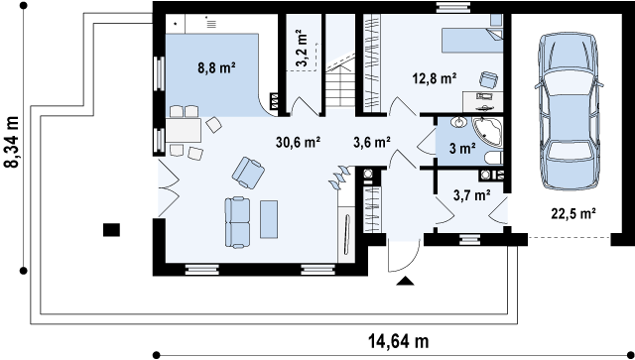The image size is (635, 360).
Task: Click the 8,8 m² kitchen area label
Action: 217,67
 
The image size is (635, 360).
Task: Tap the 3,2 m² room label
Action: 301,48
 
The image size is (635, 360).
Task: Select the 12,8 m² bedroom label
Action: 435,77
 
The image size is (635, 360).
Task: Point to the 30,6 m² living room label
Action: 299,142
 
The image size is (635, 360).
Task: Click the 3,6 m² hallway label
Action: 372,142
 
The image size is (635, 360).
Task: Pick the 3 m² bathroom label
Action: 462,149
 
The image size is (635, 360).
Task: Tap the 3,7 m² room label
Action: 472,195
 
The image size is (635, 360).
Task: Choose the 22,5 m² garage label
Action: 573,213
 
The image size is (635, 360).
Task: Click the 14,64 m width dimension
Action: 399,341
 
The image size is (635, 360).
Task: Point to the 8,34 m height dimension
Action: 13,142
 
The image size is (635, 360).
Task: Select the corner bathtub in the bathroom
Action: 487,132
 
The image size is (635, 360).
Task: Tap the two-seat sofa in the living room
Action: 237,222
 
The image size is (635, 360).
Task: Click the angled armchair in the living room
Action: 248,173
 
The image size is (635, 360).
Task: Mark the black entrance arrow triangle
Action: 405,281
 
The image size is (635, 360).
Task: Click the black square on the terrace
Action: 111,230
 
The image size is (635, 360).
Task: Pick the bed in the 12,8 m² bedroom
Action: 472,40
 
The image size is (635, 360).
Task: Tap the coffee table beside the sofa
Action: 269,219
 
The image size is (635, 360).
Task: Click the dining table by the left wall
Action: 183,130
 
